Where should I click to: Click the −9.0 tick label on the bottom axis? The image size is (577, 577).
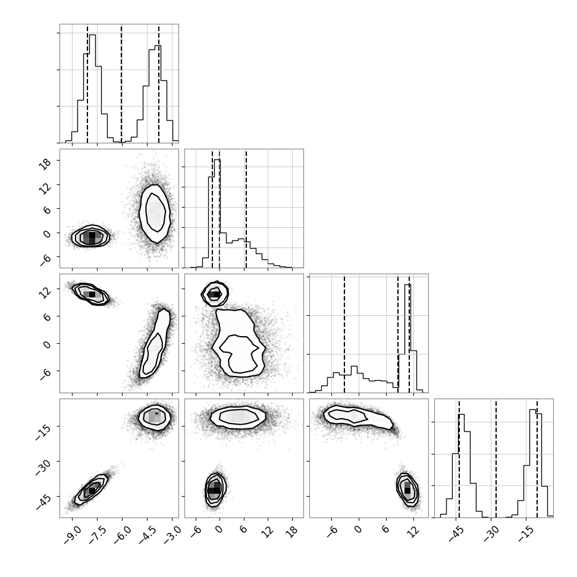tap(72, 532)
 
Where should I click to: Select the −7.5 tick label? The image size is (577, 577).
tap(97, 532)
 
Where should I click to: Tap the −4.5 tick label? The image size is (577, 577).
tap(147, 532)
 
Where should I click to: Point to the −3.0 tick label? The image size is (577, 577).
tap(172, 532)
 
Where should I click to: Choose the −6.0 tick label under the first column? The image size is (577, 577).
tap(122, 532)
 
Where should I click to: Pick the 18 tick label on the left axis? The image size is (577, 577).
tap(46, 164)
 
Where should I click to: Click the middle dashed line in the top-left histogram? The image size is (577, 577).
tap(121, 83)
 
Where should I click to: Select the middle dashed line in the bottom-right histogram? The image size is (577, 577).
tap(496, 458)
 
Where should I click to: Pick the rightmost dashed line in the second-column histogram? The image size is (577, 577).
tap(246, 209)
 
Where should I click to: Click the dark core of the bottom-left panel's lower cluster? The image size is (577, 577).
tap(92, 491)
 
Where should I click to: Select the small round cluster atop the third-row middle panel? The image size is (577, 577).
tap(215, 294)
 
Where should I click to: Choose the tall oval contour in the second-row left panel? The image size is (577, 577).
tap(155, 214)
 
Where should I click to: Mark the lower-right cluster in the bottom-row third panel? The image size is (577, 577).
tap(407, 490)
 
